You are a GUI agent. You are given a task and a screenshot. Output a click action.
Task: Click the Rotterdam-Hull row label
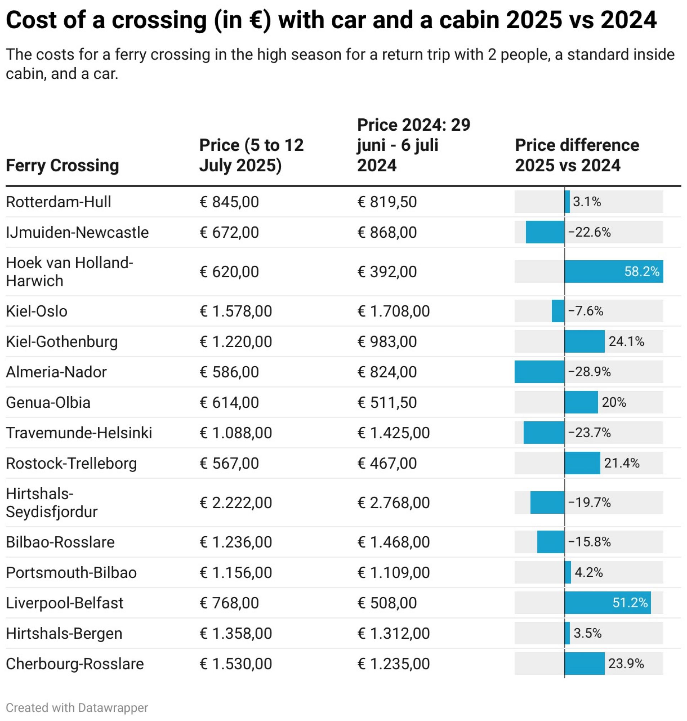point(58,202)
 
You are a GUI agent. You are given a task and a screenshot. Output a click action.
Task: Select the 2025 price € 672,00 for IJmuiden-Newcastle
point(229,232)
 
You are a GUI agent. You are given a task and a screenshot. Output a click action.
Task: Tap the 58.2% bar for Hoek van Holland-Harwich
point(613,271)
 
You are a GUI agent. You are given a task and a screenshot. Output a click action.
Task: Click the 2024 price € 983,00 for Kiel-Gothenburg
point(387,342)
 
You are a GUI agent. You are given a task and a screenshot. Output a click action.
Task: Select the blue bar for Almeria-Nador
point(539,372)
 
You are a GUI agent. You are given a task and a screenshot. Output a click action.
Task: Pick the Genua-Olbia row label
point(48,402)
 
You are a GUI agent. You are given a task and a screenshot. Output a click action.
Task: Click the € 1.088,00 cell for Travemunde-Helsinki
point(235,433)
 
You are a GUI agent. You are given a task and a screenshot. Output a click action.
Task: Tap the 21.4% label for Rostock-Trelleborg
point(622,463)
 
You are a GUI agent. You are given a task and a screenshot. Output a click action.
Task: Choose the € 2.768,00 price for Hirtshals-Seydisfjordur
point(393,502)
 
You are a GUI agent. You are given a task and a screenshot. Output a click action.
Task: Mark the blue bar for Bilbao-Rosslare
point(550,542)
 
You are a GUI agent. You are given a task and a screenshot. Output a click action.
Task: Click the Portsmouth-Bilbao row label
point(71,572)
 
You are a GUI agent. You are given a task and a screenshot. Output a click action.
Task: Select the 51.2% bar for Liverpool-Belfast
point(607,603)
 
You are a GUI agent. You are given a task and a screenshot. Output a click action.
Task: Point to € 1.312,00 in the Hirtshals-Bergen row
point(393,633)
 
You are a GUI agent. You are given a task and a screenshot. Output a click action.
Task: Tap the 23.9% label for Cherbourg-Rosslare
point(626,663)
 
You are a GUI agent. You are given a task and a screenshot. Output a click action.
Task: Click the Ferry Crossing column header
point(62,165)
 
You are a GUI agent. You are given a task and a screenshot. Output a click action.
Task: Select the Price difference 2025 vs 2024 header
point(577,155)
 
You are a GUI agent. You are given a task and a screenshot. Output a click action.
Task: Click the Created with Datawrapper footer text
point(77,707)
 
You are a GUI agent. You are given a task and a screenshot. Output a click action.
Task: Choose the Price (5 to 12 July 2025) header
point(251,155)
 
